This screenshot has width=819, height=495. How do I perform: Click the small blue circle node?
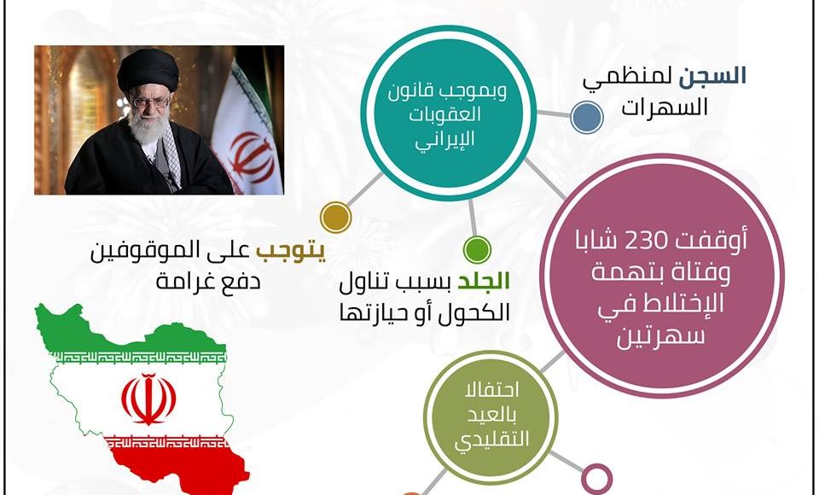tap(587, 117)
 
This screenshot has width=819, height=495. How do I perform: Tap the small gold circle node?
tap(335, 217)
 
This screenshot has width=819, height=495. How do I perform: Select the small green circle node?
tap(477, 249)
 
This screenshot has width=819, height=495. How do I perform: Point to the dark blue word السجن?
tap(712, 76)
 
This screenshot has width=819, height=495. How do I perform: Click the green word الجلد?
tap(483, 282)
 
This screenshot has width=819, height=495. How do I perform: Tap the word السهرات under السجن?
tap(665, 108)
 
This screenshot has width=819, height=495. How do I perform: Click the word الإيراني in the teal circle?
tap(444, 140)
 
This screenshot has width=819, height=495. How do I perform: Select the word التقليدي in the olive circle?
tap(491, 440)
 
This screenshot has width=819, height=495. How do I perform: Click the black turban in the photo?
tap(148, 71)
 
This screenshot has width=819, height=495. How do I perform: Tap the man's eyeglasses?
tap(151, 102)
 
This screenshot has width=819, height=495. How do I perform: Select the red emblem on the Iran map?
tap(148, 399)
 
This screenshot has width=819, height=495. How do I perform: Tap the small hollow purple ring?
tap(596, 478)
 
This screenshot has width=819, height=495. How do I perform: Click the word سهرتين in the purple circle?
tap(660, 336)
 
